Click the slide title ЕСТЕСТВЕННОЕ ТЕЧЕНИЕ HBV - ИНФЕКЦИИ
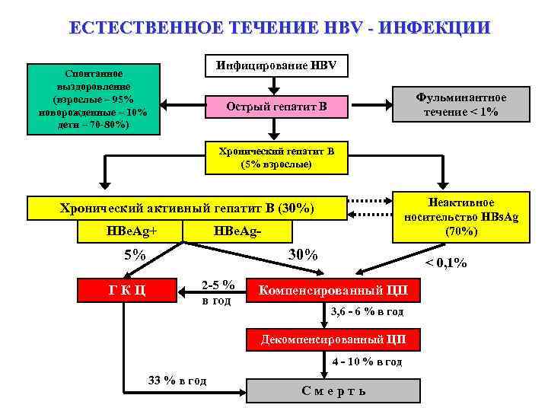coord(279,28)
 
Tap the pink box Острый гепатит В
coord(276,106)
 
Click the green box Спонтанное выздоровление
coord(94,99)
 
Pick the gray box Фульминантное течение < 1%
coord(461,104)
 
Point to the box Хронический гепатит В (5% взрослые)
coord(276,158)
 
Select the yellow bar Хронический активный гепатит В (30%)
coord(186,207)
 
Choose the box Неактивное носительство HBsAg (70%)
coord(461,217)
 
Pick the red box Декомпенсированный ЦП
coord(333,339)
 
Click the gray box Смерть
coord(333,390)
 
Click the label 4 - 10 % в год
coord(367,362)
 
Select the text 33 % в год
coord(176,381)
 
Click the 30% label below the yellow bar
coord(303,254)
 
